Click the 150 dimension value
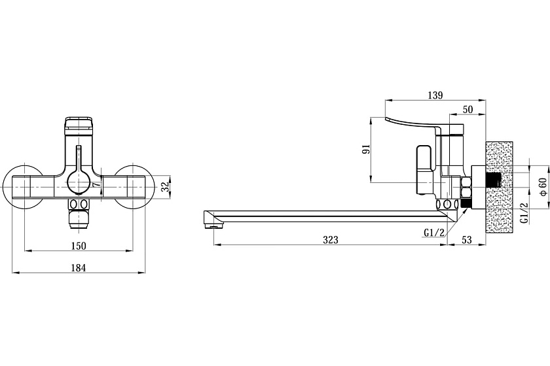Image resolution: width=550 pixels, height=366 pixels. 78,246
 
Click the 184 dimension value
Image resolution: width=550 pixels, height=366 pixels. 78,268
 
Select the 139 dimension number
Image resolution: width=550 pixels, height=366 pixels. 435,95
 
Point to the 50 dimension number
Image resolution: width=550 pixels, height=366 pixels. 468,109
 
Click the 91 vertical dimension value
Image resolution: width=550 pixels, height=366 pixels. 367,149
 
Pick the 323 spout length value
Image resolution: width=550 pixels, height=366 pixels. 331,240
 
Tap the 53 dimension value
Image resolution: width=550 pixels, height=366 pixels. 467,240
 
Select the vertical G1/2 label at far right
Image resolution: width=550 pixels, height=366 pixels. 524,212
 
